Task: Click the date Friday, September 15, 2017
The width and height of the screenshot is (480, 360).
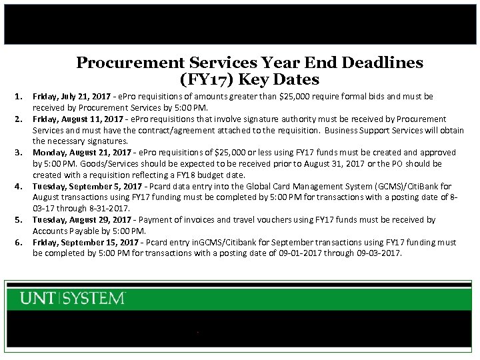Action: pyautogui.click(x=83, y=242)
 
